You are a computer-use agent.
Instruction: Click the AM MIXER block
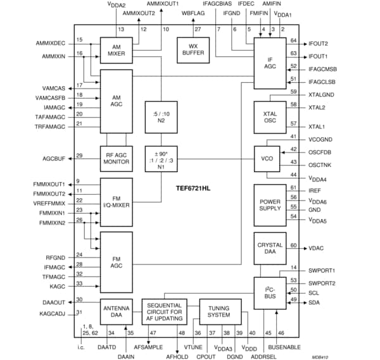coord(116,50)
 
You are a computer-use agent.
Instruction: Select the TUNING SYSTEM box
coord(219,313)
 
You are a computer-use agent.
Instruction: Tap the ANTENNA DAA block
coord(116,313)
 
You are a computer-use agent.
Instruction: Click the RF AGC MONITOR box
coord(116,158)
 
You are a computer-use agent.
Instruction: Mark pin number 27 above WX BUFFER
coord(198,30)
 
